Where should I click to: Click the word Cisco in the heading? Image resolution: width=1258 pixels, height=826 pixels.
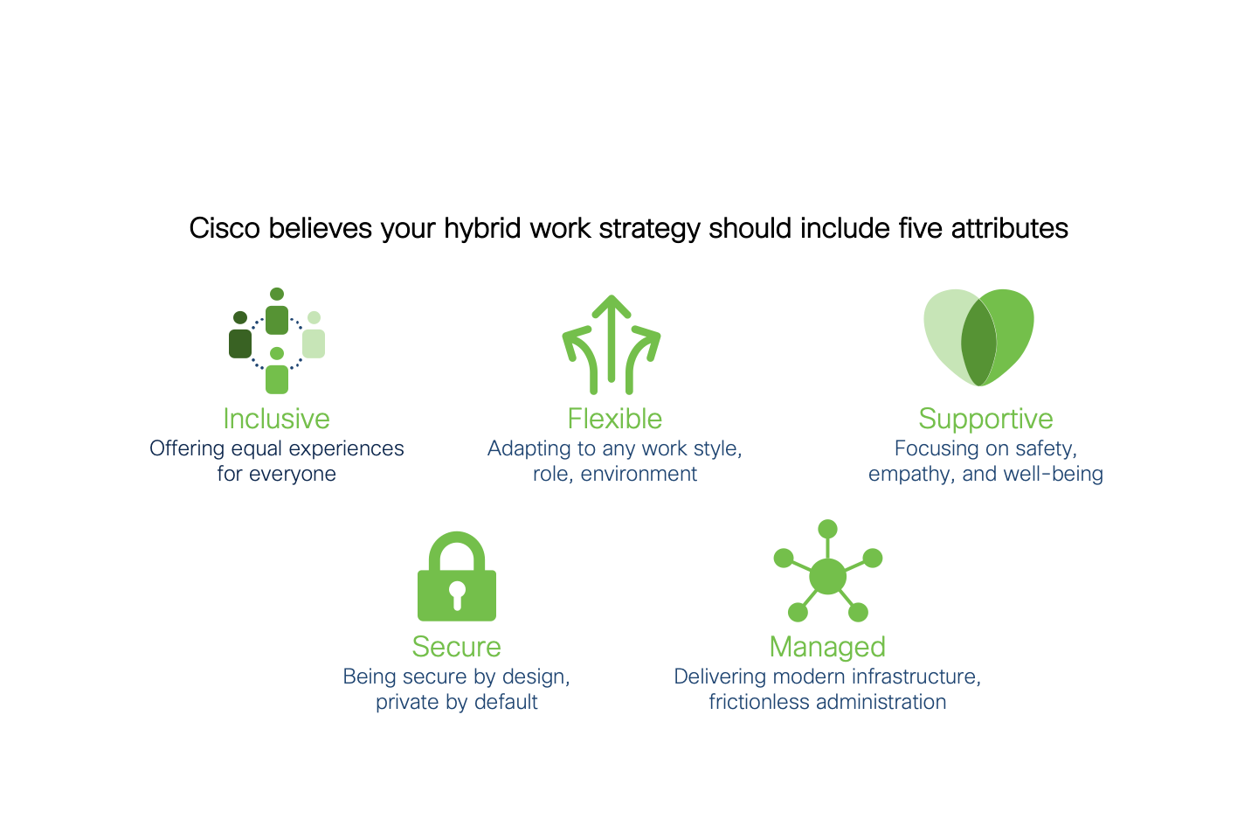[225, 229]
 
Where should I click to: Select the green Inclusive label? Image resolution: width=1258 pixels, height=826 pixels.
[276, 419]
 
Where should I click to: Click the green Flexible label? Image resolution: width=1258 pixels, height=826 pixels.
[614, 419]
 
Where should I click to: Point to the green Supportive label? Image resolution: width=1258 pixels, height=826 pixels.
[985, 420]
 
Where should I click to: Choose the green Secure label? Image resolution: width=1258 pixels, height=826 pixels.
[457, 647]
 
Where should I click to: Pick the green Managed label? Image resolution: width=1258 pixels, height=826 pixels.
[827, 648]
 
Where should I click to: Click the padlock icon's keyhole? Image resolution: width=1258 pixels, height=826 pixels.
[457, 595]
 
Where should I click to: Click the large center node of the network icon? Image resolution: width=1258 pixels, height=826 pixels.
[827, 577]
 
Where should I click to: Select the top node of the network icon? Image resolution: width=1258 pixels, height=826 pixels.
[828, 529]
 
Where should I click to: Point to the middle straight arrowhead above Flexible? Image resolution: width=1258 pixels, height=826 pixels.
[612, 306]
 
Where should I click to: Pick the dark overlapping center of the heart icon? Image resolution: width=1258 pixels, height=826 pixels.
[978, 343]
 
